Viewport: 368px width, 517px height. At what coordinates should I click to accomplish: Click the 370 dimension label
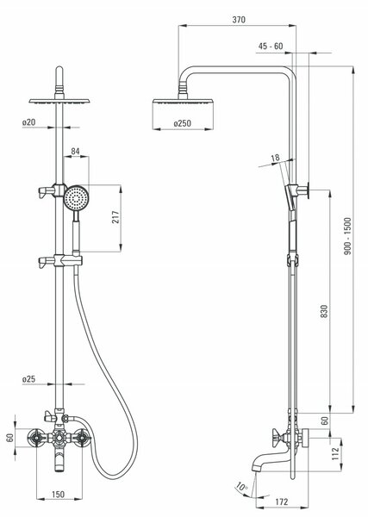click(x=239, y=20)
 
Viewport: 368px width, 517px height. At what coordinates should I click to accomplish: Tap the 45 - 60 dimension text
click(x=271, y=47)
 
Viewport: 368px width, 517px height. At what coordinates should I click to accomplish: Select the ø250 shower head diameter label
click(x=183, y=123)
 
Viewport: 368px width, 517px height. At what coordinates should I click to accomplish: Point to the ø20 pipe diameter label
click(x=28, y=122)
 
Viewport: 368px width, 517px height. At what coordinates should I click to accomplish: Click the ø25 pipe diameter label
click(x=28, y=379)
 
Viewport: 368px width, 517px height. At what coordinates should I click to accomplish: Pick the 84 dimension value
click(x=76, y=151)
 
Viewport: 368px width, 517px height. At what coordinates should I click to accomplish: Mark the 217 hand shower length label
click(x=115, y=217)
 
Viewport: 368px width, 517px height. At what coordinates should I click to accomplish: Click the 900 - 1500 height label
click(x=347, y=236)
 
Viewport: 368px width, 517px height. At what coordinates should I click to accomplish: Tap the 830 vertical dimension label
click(x=324, y=311)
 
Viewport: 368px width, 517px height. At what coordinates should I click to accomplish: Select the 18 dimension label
click(x=275, y=158)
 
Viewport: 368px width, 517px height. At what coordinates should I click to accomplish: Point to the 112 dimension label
click(x=335, y=454)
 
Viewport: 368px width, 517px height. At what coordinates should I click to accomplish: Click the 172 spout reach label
click(x=281, y=501)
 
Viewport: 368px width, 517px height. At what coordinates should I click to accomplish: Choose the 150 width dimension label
click(x=58, y=495)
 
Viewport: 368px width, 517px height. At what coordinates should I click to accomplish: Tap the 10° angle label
click(x=241, y=486)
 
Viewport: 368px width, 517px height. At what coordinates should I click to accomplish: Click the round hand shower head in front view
click(x=77, y=198)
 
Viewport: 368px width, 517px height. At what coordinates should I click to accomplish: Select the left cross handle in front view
click(x=35, y=438)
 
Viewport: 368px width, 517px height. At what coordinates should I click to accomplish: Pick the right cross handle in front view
click(x=81, y=438)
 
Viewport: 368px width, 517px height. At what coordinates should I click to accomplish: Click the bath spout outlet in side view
click(x=257, y=467)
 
